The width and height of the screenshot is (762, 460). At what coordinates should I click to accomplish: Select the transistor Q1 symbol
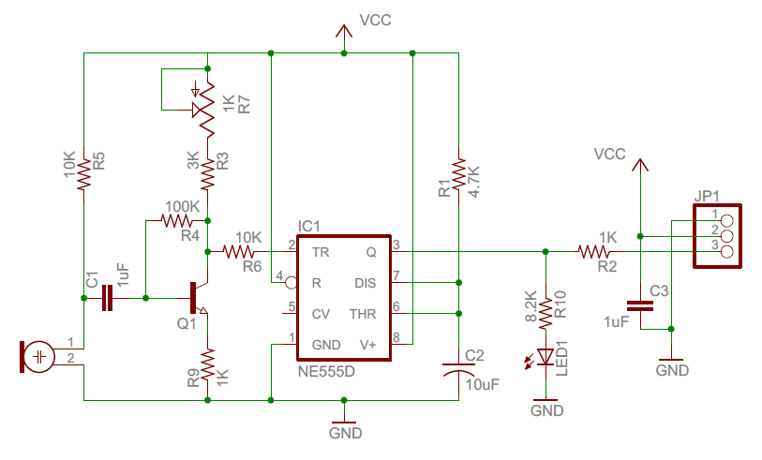point(198,298)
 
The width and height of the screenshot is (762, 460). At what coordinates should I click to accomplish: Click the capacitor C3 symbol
point(640,304)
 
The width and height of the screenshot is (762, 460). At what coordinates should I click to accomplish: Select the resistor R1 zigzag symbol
point(459,175)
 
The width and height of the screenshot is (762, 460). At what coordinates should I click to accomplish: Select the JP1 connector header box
point(719,235)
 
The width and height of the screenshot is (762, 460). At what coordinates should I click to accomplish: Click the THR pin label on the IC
point(363,314)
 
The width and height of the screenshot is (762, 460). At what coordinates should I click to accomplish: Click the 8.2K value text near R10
point(530,308)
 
